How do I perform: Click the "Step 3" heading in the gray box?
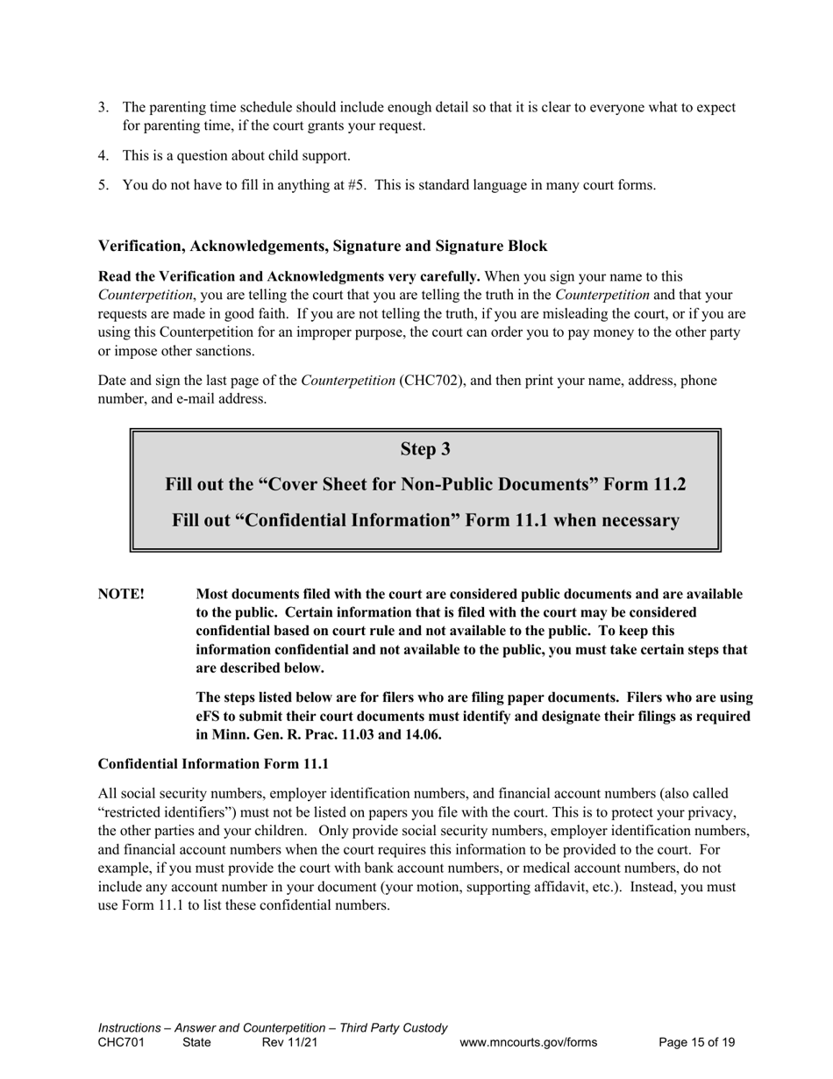click(425, 449)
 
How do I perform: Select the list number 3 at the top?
click(103, 107)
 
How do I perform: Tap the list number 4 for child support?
click(103, 155)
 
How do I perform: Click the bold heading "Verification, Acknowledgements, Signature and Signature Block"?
click(323, 246)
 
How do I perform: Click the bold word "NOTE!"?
click(121, 594)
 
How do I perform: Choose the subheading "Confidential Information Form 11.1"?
click(213, 764)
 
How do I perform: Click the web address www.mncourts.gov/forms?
click(528, 1042)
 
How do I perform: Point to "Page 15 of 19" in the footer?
click(696, 1042)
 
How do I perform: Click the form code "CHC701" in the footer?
click(121, 1042)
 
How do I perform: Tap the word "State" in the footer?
click(196, 1042)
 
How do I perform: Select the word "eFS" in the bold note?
click(208, 716)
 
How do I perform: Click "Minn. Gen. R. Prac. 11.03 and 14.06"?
click(326, 734)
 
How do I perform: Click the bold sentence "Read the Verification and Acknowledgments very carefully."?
click(289, 276)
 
